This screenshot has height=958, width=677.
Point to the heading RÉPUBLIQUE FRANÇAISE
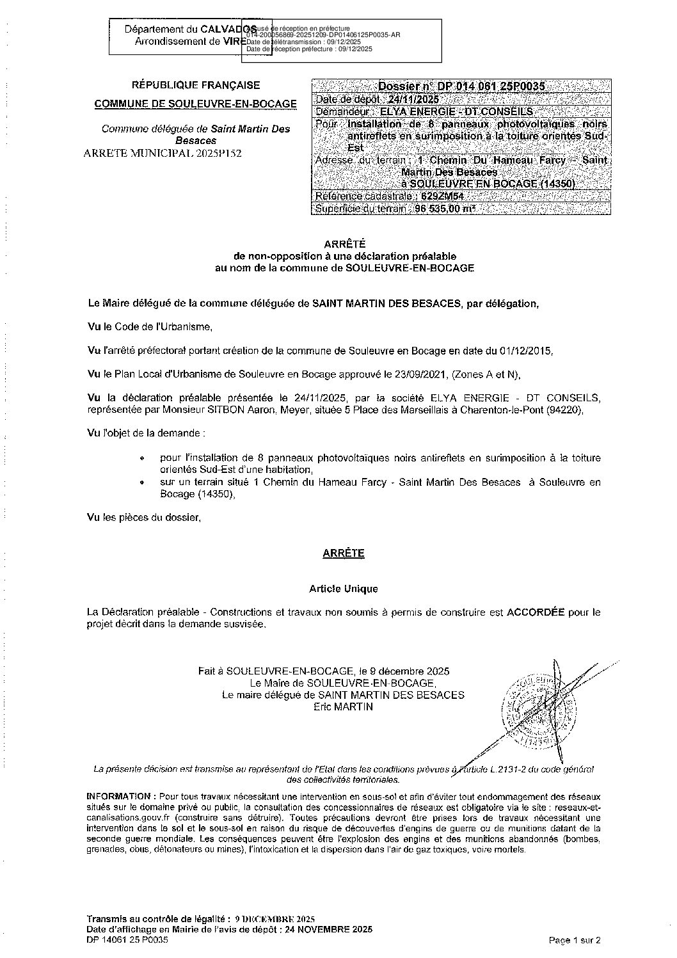pos(196,84)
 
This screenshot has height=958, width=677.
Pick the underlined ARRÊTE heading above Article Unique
pos(344,553)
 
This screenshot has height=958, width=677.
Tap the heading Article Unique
pos(344,588)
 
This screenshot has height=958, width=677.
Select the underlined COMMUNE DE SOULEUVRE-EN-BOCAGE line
pos(196,104)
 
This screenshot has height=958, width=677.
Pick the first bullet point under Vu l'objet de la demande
pos(142,459)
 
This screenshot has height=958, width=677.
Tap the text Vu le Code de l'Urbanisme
pos(148,326)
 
